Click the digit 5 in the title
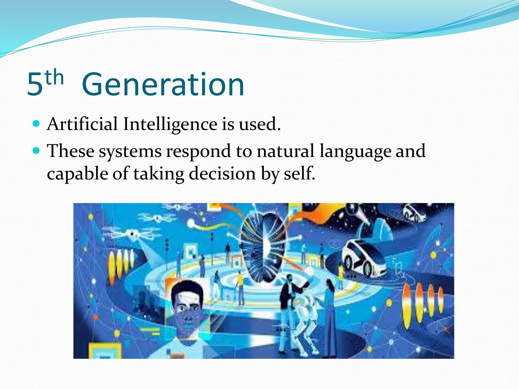pos(35,85)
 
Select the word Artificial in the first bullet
pos(82,124)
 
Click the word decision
pos(223,174)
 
